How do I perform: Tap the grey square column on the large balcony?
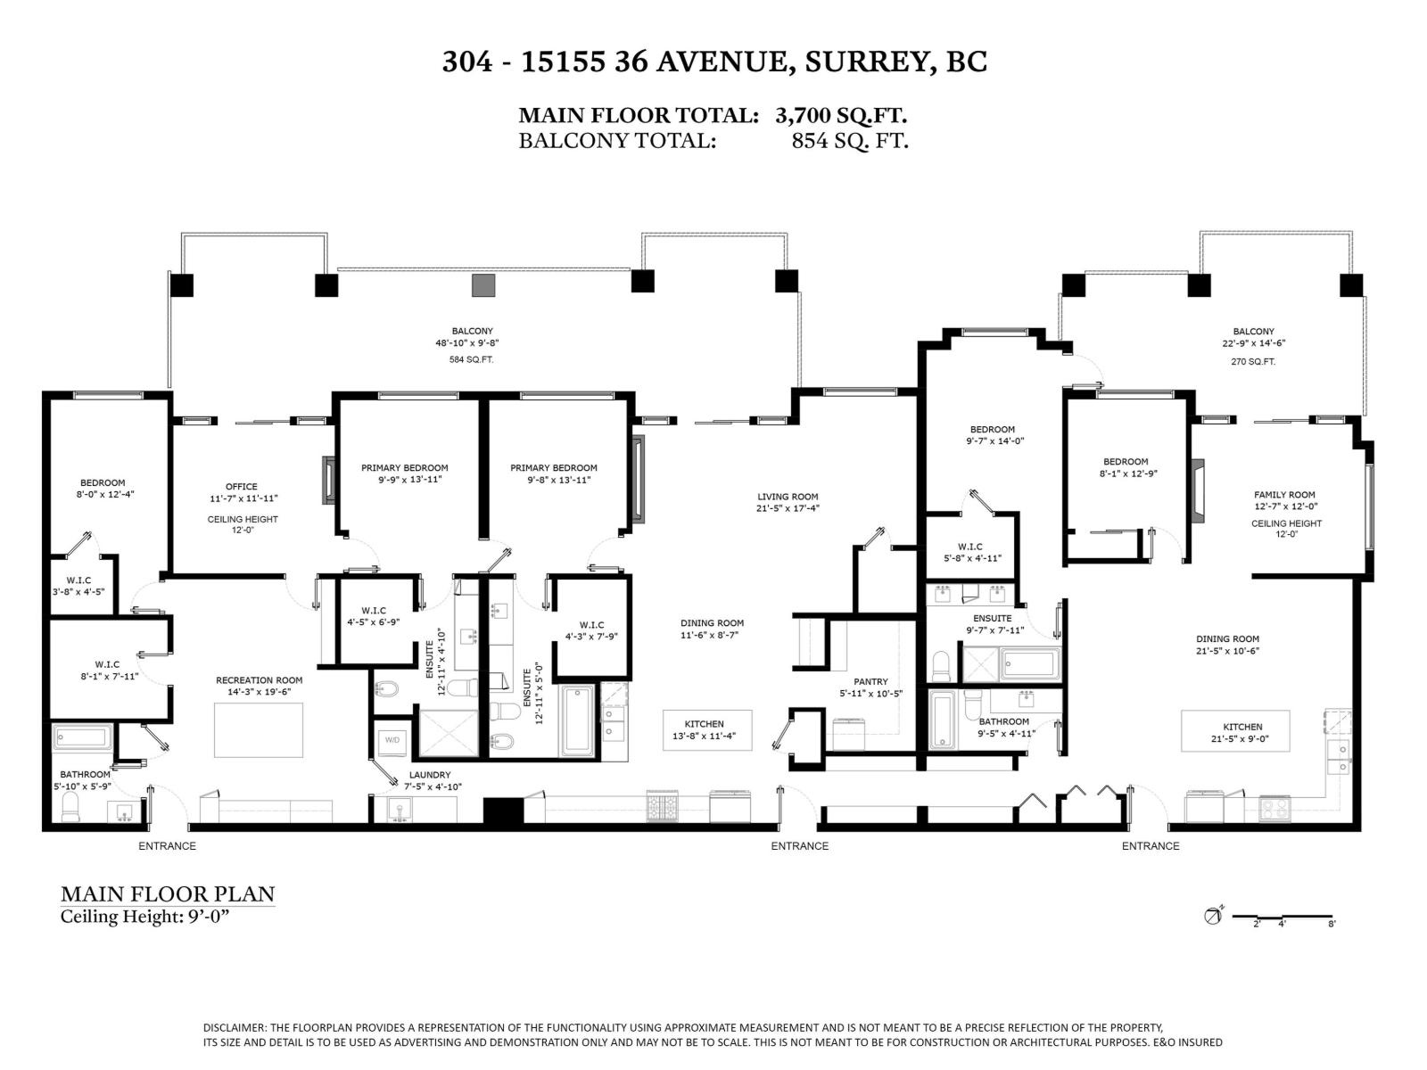tap(483, 284)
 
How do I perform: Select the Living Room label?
tap(788, 498)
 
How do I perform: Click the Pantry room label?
tap(870, 682)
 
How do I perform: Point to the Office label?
tap(241, 487)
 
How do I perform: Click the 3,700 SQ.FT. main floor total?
tap(841, 115)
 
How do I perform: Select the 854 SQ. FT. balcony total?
tap(849, 140)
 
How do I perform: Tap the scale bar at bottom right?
tap(1293, 918)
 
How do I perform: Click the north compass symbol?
tap(1213, 915)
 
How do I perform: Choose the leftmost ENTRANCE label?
tap(167, 845)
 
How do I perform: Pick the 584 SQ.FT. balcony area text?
tap(471, 359)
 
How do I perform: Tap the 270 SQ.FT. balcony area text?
tap(1253, 361)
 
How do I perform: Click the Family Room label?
tap(1284, 495)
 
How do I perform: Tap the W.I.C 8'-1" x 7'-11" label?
tap(107, 664)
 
